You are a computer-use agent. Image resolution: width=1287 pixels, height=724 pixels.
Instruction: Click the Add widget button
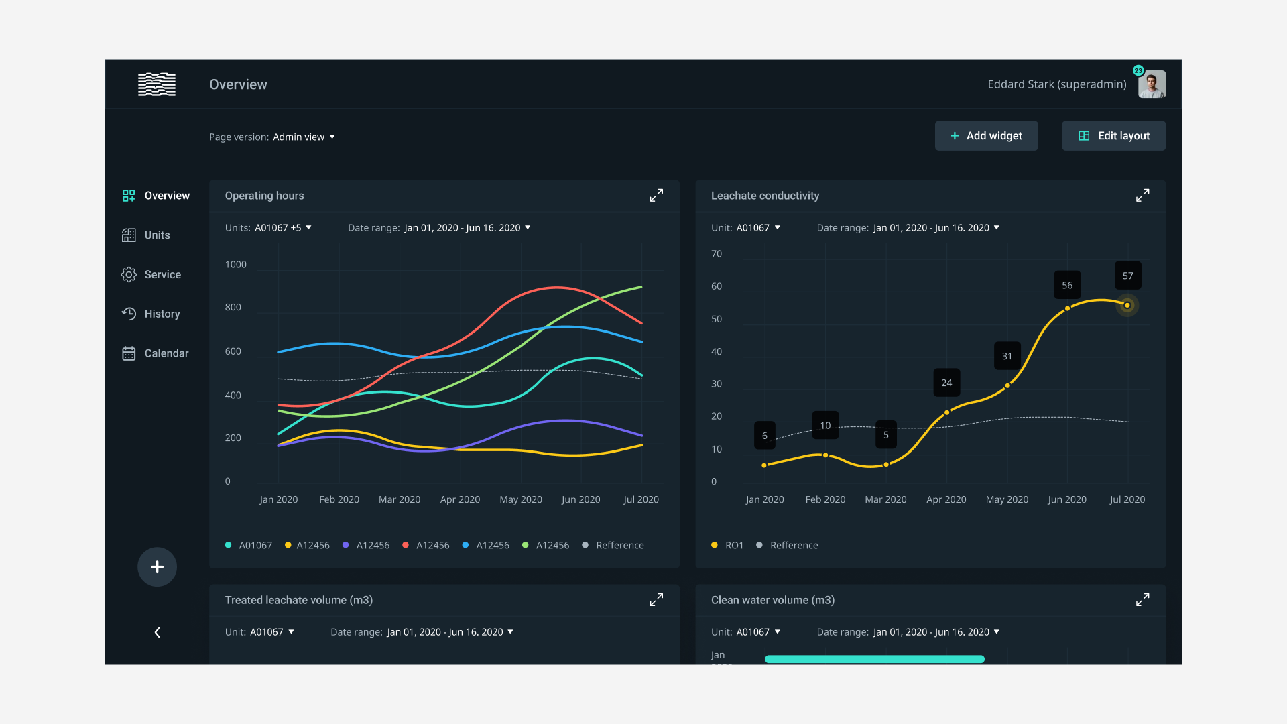tap(986, 136)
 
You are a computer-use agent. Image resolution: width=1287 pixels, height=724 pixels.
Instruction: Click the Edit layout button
tap(1113, 136)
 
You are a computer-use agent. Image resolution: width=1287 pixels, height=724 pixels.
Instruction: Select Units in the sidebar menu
tap(156, 235)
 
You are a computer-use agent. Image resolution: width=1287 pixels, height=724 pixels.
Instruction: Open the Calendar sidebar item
tap(166, 353)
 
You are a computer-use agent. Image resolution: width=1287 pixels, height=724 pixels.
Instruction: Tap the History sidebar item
tap(162, 314)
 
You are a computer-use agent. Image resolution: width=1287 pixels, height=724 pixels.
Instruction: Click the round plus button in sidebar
tap(157, 567)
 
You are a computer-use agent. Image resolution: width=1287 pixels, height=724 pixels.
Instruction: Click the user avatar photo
tap(1152, 84)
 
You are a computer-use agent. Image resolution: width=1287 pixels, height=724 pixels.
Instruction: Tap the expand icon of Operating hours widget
tap(656, 196)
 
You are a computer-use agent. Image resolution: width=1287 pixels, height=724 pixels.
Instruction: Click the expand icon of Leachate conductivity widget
tap(1142, 196)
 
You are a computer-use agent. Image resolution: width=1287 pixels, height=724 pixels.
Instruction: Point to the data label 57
tap(1127, 276)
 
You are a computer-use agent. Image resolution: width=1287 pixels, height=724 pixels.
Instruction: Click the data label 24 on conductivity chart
tap(946, 383)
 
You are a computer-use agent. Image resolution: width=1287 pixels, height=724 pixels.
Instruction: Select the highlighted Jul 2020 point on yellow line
tap(1127, 306)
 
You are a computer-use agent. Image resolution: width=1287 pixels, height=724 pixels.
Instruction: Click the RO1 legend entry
tap(728, 546)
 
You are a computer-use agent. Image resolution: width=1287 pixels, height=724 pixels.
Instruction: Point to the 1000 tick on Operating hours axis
tap(236, 265)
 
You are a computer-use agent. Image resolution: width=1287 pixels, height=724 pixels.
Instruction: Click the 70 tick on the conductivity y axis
tap(717, 254)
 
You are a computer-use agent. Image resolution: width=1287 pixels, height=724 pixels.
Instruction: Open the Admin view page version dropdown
tap(304, 137)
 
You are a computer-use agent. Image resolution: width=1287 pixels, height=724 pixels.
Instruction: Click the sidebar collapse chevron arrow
tap(157, 632)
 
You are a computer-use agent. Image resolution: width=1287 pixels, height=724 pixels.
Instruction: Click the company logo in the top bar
tap(157, 84)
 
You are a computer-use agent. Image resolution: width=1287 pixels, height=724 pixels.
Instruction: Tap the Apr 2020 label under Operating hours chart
tap(460, 500)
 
